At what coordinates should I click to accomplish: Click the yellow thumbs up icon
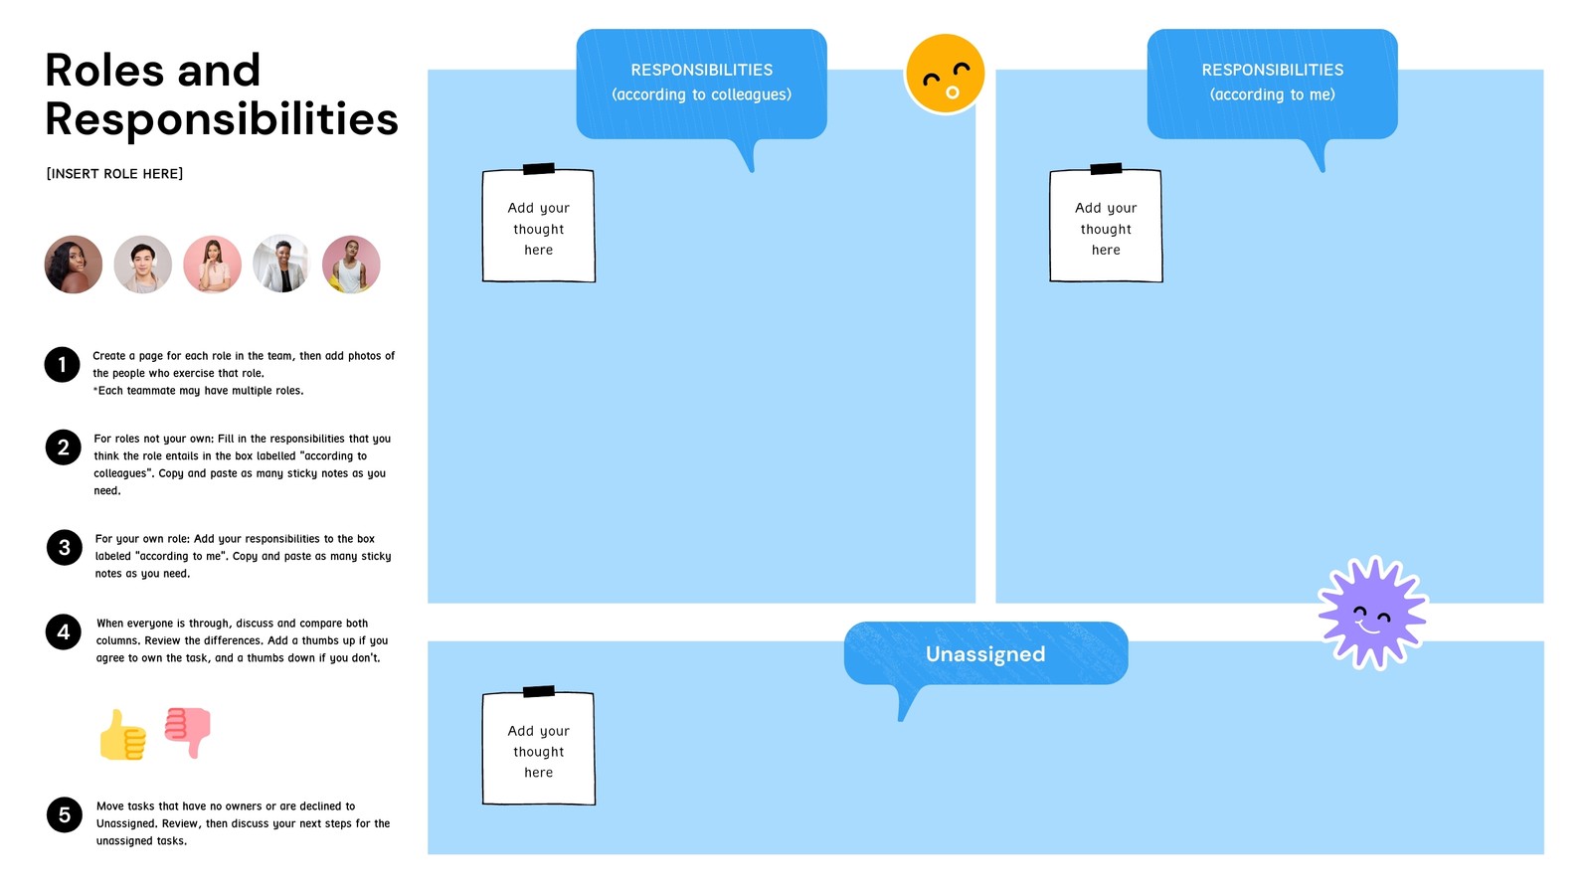[123, 736]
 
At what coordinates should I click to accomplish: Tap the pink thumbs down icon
[188, 731]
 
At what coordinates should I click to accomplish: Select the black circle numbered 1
[62, 364]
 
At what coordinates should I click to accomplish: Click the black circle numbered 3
[64, 547]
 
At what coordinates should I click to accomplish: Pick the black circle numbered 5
[64, 814]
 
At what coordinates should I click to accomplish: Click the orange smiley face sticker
[945, 74]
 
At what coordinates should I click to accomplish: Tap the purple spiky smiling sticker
[1372, 613]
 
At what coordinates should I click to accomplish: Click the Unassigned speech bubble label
[985, 653]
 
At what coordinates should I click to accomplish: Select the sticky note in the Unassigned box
[538, 749]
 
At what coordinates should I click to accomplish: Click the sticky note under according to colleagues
[538, 227]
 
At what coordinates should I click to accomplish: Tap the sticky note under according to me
[1106, 227]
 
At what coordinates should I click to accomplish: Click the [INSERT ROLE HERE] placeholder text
[114, 173]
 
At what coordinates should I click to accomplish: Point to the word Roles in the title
[104, 71]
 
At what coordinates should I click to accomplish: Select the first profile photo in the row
[74, 265]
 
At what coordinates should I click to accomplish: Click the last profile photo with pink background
[351, 265]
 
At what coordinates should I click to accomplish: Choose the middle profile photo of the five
[212, 265]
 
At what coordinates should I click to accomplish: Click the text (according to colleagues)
[701, 94]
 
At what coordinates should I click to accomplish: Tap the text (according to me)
[1272, 94]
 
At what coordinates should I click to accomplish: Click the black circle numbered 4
[63, 631]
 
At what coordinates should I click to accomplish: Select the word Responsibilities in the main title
[222, 119]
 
